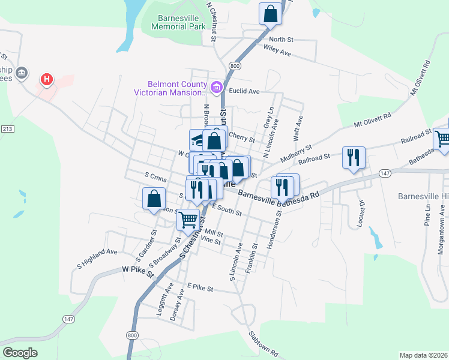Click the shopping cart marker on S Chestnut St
coord(188,220)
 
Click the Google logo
coord(20,352)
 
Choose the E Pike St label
coord(200,288)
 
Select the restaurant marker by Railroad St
coord(352,158)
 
